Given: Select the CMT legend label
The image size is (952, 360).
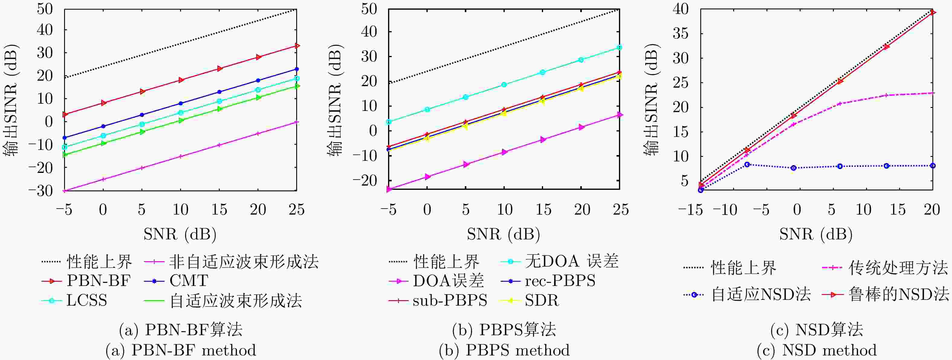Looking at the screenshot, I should click(x=189, y=281).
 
